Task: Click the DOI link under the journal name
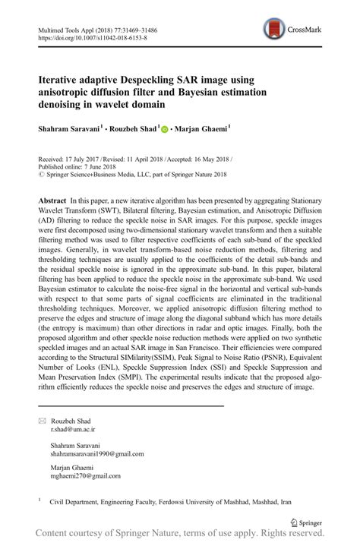(92, 37)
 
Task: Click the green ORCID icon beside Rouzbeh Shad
(164, 129)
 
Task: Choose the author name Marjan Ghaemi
(201, 129)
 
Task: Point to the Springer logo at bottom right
(308, 522)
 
